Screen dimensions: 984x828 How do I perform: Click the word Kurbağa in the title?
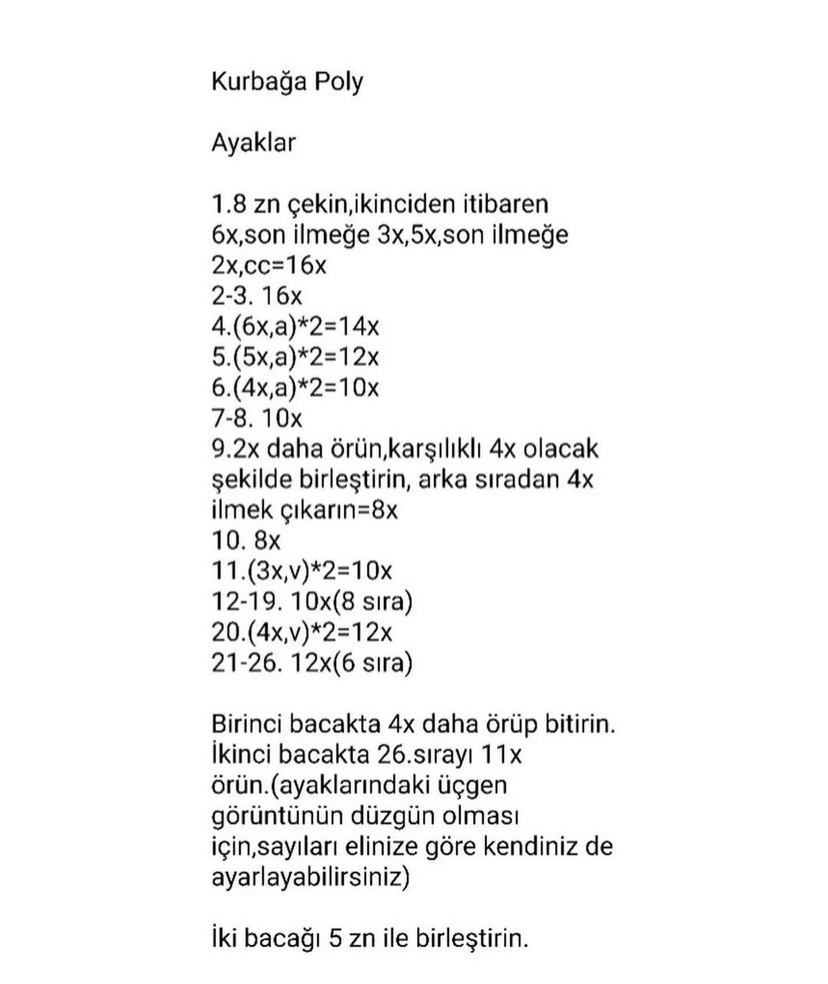259,82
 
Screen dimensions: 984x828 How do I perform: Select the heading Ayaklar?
254,143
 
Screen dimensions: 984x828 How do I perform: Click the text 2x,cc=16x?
269,265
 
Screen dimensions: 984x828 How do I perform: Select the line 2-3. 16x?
256,295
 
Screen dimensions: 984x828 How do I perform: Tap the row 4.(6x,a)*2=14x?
295,326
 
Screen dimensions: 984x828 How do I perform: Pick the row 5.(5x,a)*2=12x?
295,357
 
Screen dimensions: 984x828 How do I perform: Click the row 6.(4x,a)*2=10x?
295,387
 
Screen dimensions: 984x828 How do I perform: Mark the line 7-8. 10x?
256,418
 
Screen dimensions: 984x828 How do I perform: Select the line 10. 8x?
246,540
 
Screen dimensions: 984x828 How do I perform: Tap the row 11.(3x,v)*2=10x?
301,571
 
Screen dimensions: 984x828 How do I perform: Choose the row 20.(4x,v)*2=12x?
301,632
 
